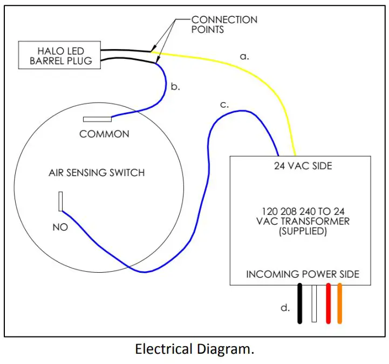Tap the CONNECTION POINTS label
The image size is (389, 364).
(224, 24)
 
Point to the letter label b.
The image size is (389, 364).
(175, 86)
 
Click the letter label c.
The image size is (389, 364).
(224, 105)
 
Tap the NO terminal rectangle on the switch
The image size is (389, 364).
(62, 201)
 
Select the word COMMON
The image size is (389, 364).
(104, 134)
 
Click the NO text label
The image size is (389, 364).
(60, 227)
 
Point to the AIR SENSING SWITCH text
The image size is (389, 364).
(97, 173)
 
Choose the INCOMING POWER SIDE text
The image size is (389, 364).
(302, 274)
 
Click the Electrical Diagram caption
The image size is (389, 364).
(194, 349)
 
